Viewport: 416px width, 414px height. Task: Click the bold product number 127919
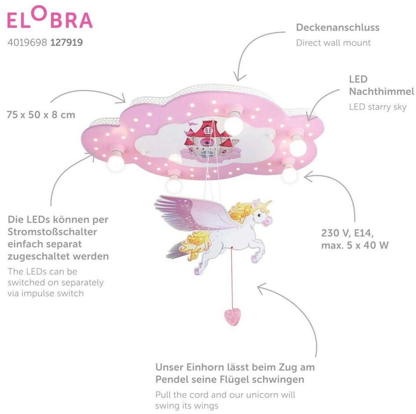point(67,43)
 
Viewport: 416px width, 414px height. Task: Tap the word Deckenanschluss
point(337,27)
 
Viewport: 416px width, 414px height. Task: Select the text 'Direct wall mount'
point(333,43)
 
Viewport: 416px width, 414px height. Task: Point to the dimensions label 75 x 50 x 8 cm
point(41,115)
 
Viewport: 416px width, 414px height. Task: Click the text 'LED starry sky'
point(378,107)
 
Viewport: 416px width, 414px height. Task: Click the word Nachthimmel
point(381,92)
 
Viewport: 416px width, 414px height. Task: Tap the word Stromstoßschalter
point(52,232)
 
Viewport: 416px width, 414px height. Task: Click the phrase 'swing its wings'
point(187,405)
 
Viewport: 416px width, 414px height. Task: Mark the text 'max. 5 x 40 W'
point(355,245)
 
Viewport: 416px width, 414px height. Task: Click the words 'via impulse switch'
point(45,293)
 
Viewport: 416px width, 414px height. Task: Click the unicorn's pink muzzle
point(267,218)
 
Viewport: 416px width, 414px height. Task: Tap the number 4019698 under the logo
point(27,43)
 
